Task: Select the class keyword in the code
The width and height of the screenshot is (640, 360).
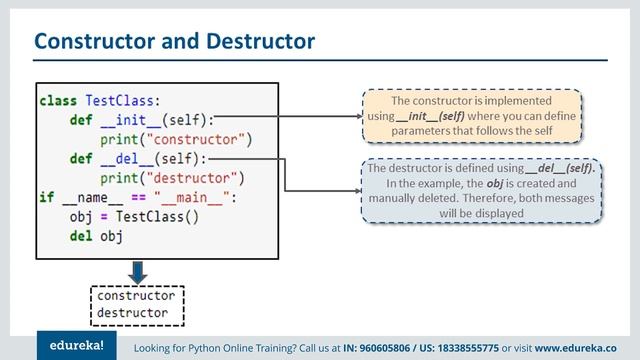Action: pyautogui.click(x=58, y=101)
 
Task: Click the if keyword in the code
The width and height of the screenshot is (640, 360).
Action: pyautogui.click(x=46, y=197)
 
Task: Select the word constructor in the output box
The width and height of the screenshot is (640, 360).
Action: pyautogui.click(x=136, y=296)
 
